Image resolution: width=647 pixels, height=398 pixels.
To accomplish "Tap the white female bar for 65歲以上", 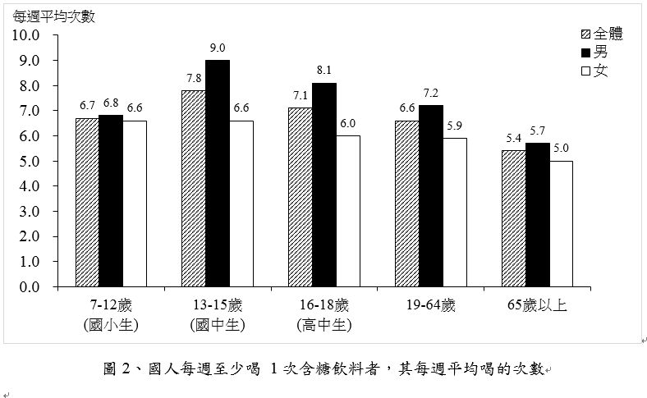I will [x=561, y=223].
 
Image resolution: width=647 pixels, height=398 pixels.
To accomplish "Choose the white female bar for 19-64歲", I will [x=454, y=212].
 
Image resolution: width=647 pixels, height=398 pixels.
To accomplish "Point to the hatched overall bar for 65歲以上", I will [x=514, y=218].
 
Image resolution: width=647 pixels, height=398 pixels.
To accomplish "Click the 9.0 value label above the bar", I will [x=218, y=48].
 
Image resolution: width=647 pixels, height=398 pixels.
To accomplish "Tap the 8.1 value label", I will [x=324, y=71].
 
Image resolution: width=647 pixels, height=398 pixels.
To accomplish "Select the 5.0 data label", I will [x=561, y=149].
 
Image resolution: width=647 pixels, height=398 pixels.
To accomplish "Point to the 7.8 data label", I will [x=194, y=78].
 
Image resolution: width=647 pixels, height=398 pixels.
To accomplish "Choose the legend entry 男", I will [x=600, y=52].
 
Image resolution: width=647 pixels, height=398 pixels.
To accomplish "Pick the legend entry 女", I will [x=600, y=71].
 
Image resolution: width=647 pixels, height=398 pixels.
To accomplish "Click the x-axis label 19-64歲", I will [x=430, y=306].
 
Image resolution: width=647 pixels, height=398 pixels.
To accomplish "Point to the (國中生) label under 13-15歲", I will [x=218, y=325].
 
